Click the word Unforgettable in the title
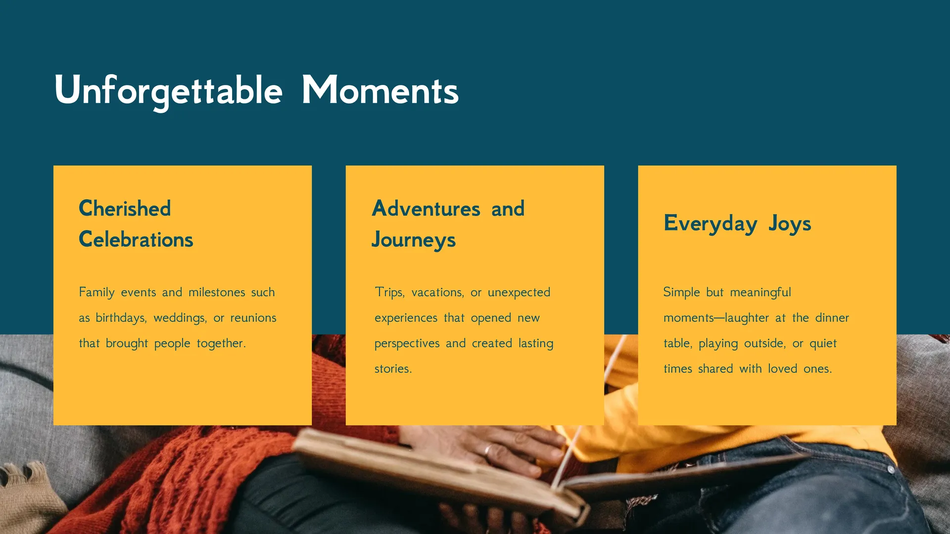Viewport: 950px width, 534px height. (x=169, y=91)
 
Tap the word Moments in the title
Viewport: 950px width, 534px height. (x=380, y=90)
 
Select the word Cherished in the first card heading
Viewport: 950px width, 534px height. (x=125, y=208)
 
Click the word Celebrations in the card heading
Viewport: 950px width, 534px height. (x=136, y=239)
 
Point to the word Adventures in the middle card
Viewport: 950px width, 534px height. (x=426, y=208)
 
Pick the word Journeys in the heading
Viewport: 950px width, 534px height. (x=414, y=240)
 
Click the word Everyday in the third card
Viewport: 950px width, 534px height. (x=711, y=223)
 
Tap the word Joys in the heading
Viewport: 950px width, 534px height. (x=790, y=223)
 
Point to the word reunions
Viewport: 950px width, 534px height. (x=253, y=318)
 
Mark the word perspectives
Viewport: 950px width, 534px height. (x=407, y=344)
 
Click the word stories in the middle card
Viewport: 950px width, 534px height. (x=393, y=369)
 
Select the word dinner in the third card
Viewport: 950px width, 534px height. (x=832, y=317)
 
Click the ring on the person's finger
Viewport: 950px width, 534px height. (x=488, y=450)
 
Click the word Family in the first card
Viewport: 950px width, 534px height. (x=97, y=292)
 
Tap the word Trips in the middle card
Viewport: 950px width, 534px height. (x=390, y=292)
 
